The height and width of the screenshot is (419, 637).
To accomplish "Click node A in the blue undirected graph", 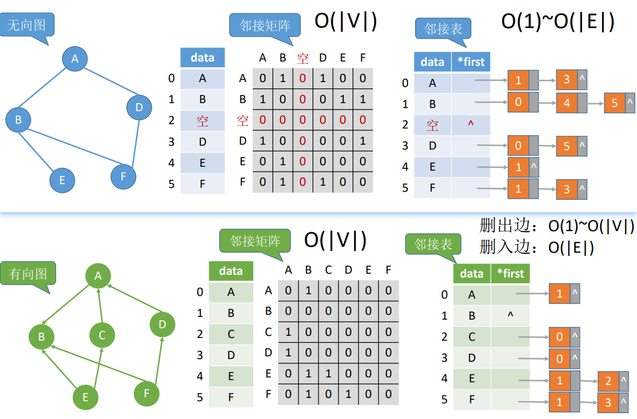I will point(75,59).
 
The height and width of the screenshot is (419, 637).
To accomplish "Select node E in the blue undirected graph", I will point(62,180).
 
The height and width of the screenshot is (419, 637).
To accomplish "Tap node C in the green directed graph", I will point(102,335).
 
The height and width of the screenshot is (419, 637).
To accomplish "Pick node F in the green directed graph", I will point(146,394).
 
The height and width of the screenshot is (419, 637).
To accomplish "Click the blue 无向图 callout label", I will point(26,25).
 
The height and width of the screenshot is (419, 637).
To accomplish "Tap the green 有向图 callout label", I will point(28,274).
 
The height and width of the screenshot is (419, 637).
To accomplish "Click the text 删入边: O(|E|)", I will point(537,247).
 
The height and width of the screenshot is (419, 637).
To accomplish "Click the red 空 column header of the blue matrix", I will point(303,58).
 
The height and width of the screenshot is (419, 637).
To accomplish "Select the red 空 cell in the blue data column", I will point(202,120).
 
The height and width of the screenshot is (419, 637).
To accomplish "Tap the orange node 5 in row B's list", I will point(614,103).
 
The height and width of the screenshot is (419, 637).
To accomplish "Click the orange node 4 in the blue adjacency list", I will point(566,103).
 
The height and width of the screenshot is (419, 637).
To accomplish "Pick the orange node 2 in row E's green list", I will point(608,381).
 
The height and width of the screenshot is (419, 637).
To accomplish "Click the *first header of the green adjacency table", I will point(510,273).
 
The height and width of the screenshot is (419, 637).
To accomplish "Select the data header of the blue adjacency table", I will point(432,62).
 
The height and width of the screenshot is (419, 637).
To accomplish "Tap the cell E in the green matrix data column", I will point(231,376).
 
